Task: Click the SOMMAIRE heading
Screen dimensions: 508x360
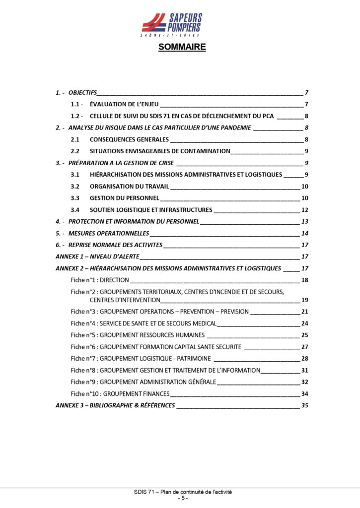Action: point(182,48)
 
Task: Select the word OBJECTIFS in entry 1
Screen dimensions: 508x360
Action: point(82,93)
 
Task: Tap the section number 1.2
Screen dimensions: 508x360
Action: point(77,116)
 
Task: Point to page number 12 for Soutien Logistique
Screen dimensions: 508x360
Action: point(305,210)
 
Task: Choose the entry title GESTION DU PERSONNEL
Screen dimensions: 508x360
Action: point(121,198)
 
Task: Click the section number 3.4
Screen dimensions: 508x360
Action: point(75,210)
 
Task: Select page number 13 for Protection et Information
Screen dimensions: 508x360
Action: point(305,221)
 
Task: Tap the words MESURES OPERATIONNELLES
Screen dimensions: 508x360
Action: point(109,233)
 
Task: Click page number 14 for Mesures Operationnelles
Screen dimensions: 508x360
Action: point(305,233)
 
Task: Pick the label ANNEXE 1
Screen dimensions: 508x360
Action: point(69,256)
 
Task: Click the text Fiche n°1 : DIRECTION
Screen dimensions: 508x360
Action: point(100,280)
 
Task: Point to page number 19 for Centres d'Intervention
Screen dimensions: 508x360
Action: point(305,300)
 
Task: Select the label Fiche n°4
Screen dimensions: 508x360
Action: point(83,323)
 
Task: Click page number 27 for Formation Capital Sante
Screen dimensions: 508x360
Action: point(305,347)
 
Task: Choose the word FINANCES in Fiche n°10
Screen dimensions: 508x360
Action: point(154,394)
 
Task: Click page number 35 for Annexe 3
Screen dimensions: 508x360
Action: point(305,405)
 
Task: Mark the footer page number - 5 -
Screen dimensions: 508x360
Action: point(183,498)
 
